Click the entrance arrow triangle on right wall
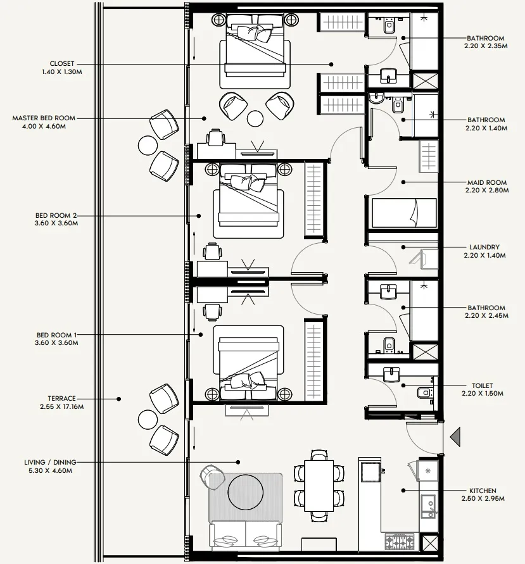pyautogui.click(x=455, y=437)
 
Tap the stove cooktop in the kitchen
pyautogui.click(x=398, y=542)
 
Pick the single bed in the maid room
pyautogui.click(x=403, y=213)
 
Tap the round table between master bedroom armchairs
pyautogui.click(x=255, y=118)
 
